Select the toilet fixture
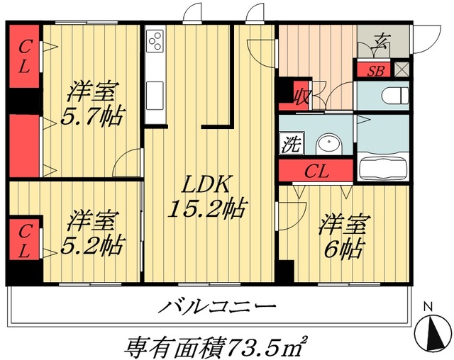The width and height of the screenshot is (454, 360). pos(394,95)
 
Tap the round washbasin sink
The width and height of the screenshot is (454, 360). pos(327,145)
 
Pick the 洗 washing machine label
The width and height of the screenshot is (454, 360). pos(291,145)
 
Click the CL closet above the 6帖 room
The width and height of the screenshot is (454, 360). pos(316,171)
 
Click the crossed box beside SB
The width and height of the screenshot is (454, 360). pos(402,70)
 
